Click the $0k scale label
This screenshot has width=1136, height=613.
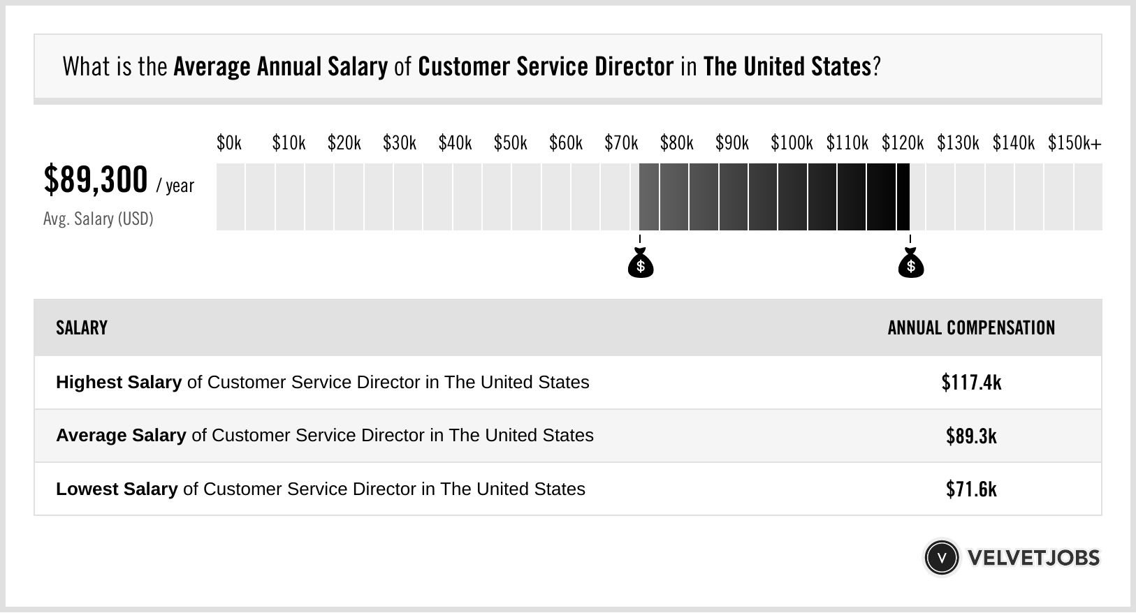pyautogui.click(x=229, y=143)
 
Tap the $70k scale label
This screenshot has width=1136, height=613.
pyautogui.click(x=621, y=143)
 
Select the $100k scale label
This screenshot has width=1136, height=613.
pyautogui.click(x=792, y=143)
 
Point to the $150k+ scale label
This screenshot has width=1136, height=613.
pyautogui.click(x=1075, y=143)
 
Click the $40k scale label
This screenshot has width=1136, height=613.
pyautogui.click(x=455, y=143)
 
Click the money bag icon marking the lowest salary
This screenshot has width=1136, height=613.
pyautogui.click(x=640, y=265)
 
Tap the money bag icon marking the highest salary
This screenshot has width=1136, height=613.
pyautogui.click(x=910, y=265)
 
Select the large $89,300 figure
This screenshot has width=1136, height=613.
pyautogui.click(x=96, y=180)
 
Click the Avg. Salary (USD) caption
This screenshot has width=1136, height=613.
pyautogui.click(x=98, y=219)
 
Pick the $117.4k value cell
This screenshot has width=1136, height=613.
pyautogui.click(x=971, y=383)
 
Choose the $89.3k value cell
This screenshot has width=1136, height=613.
pyautogui.click(x=971, y=436)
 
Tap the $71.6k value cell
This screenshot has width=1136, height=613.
pyautogui.click(x=971, y=489)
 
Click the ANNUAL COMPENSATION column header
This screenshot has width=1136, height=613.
pyautogui.click(x=971, y=328)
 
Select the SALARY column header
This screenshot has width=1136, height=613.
pyautogui.click(x=82, y=328)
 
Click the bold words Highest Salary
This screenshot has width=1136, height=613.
pyautogui.click(x=119, y=383)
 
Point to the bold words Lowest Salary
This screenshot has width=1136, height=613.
pyautogui.click(x=117, y=489)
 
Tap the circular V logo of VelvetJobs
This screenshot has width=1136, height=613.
pyautogui.click(x=941, y=558)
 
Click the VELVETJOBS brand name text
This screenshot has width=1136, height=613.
pyautogui.click(x=1033, y=558)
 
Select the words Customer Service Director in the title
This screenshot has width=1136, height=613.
pyautogui.click(x=546, y=67)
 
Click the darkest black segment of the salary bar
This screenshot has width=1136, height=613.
pyautogui.click(x=903, y=197)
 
